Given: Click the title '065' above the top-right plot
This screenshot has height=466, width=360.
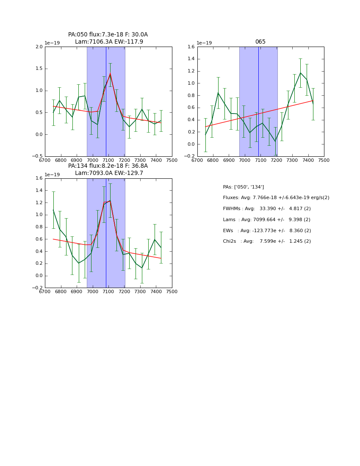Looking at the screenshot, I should coord(260,42).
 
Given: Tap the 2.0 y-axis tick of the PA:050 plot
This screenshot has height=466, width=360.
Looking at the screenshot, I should coord(39,47).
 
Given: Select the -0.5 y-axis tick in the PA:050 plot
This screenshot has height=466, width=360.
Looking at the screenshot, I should coord(38,156).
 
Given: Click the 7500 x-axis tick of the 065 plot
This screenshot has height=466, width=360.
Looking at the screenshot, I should coord(324,160).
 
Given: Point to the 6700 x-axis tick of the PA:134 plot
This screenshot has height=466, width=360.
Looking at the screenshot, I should coord(45,291).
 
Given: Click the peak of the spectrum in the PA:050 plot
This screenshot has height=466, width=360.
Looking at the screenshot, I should coord(110,74).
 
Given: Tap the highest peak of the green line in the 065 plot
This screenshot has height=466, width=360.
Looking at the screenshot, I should coord(300,73).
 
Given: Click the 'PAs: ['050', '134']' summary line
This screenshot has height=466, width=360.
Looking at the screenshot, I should coord(243,187).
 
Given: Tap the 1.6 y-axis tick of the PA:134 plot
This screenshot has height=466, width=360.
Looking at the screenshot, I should coord(39,178).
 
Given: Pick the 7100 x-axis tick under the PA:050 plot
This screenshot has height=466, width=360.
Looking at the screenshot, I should coord(108,160).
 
